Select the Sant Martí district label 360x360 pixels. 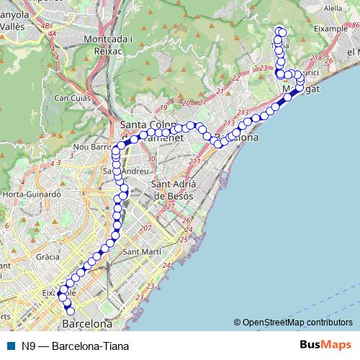click(x=141, y=252)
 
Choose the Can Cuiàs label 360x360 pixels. click(x=71, y=97)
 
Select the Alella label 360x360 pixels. click(x=333, y=8)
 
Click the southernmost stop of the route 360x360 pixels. click(x=70, y=310)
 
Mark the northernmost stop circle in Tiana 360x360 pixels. click(x=282, y=30)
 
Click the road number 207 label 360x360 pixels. click(x=145, y=228)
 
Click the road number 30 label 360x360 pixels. click(x=150, y=159)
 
